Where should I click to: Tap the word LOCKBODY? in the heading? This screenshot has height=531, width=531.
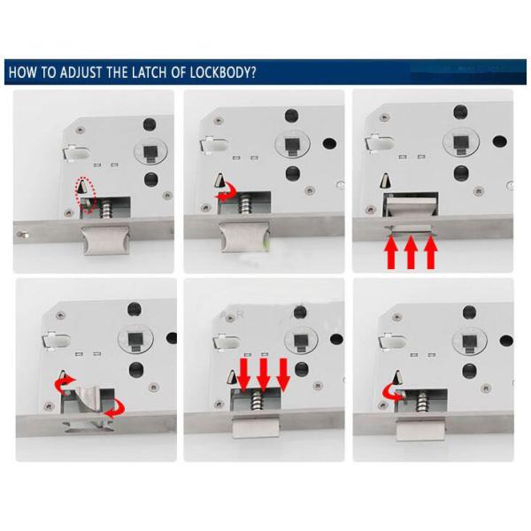222,73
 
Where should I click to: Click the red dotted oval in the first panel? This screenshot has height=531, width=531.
87,195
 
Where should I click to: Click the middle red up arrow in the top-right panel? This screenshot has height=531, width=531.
411,252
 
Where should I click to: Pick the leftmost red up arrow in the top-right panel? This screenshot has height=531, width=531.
391,252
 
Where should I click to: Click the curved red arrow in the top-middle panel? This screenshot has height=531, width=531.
227,191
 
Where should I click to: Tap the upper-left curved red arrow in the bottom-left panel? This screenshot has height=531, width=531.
64,385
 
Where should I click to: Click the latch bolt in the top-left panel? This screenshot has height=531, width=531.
105,241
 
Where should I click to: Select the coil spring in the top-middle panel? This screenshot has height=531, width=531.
244,204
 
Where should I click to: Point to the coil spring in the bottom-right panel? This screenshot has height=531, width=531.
422,402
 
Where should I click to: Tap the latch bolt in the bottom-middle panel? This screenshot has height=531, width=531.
256,427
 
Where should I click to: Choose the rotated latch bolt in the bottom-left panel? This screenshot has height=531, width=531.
88,400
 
